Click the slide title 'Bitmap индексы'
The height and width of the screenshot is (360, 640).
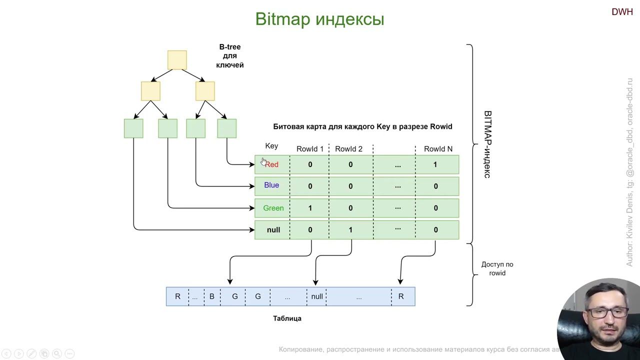319,19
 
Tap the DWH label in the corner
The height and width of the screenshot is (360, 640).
622,12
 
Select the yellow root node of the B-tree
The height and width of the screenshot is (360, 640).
177,60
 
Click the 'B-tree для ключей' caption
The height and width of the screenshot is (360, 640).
230,56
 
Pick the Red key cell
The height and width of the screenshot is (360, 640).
271,164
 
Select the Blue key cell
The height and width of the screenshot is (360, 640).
271,185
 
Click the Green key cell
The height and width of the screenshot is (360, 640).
273,208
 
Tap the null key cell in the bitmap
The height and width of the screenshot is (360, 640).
273,230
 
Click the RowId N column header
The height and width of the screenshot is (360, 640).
438,149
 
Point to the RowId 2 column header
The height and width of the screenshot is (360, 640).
348,149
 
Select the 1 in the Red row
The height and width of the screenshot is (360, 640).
435,164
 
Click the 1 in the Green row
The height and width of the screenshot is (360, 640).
310,208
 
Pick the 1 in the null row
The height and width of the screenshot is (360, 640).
350,230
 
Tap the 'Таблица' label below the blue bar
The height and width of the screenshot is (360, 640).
287,318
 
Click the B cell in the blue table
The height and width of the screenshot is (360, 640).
211,296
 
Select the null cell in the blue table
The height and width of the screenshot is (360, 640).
317,296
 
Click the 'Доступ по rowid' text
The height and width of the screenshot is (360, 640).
497,268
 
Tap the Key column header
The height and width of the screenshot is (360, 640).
271,146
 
